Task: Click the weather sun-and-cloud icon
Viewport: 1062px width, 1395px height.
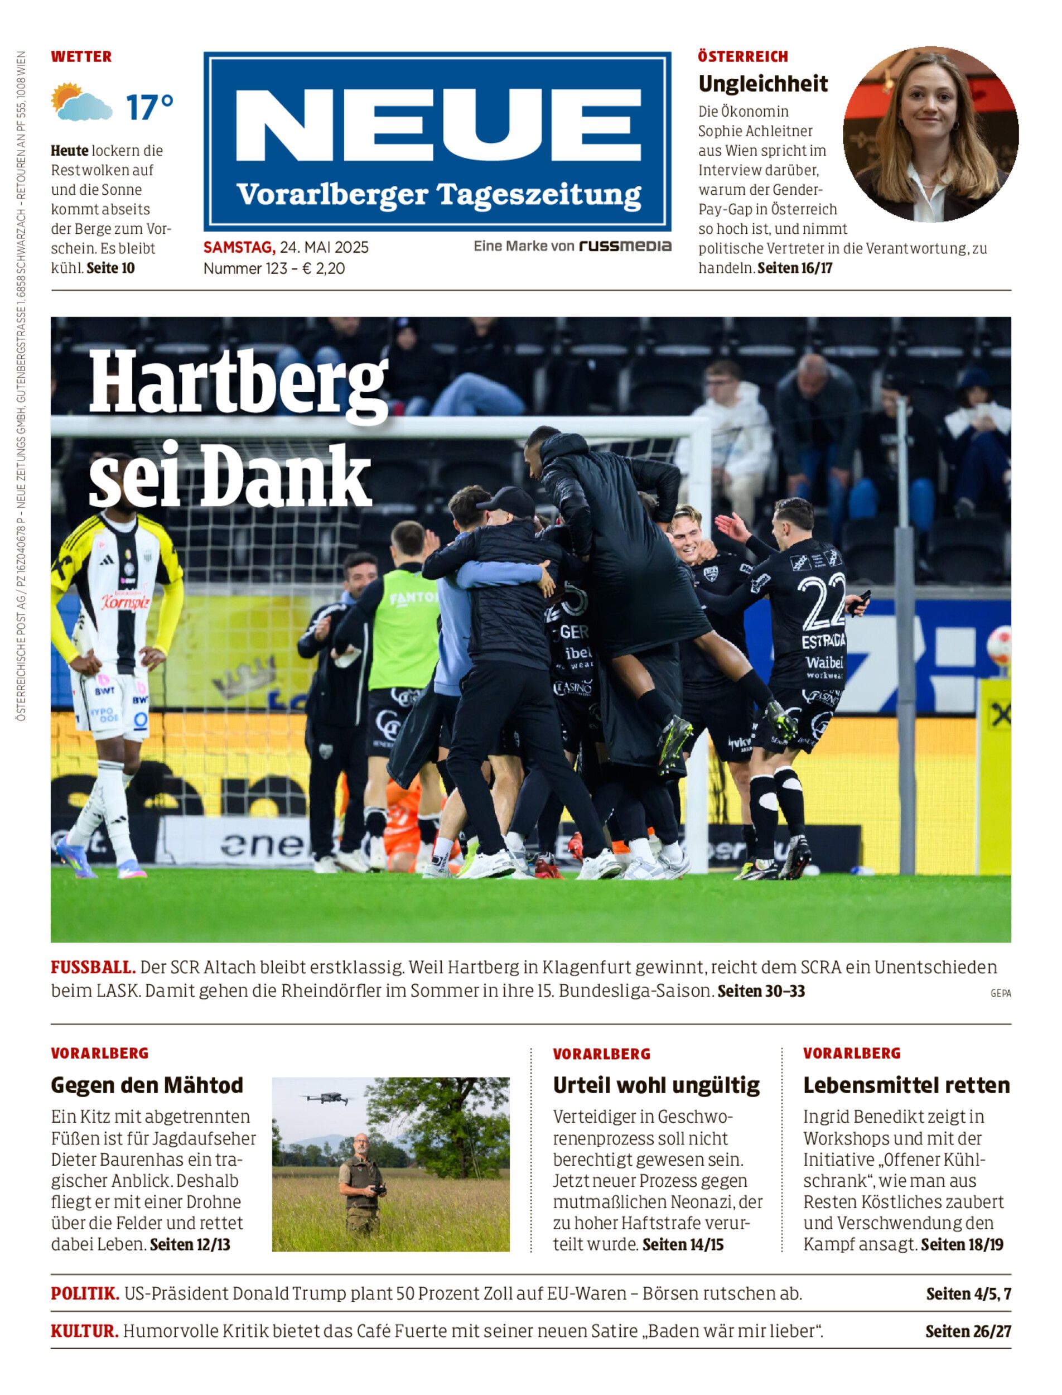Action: (81, 103)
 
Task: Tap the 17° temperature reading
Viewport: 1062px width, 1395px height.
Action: (149, 108)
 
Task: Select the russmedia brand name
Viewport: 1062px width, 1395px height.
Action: (625, 246)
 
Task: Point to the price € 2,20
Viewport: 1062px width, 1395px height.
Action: (323, 269)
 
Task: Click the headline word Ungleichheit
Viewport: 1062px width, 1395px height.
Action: (762, 84)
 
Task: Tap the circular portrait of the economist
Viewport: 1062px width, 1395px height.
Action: (930, 134)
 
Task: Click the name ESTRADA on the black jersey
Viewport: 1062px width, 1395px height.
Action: (823, 641)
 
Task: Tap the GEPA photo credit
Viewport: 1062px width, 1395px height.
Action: (1000, 993)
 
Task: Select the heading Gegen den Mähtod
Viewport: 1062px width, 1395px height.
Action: (147, 1085)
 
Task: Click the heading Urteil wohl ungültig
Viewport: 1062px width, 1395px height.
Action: (656, 1085)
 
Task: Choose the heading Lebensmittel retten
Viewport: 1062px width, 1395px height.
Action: (906, 1085)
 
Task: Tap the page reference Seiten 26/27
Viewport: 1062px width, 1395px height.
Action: (968, 1331)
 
